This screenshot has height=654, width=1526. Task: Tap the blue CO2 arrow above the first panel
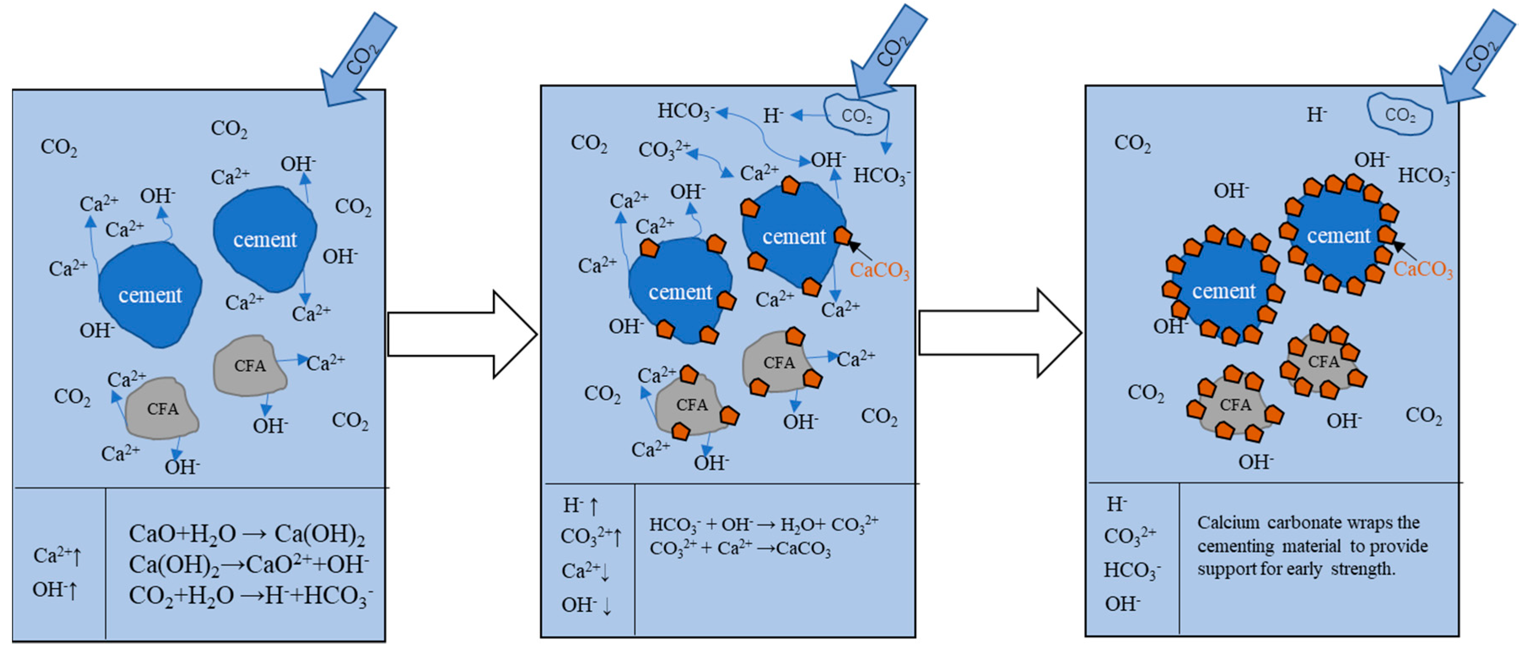[x=359, y=59]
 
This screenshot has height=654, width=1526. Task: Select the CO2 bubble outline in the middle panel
[x=856, y=115]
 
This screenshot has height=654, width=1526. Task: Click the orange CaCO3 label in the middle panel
[x=879, y=270]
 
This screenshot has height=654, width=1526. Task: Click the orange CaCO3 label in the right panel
[x=1423, y=269]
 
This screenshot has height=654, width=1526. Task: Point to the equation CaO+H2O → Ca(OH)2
[x=246, y=534]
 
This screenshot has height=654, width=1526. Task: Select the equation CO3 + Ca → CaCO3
[x=740, y=549]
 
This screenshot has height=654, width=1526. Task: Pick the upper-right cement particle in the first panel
[x=265, y=239]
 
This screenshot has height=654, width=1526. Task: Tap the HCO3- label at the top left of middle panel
[x=685, y=111]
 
